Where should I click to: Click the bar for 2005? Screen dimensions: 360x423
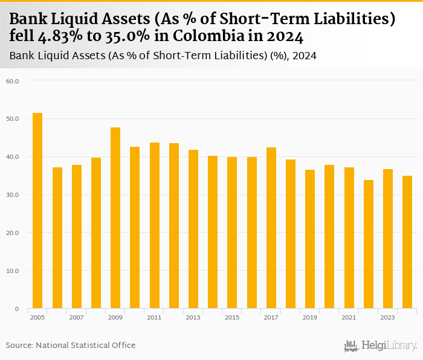click(x=37, y=211)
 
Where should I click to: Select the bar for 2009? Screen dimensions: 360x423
click(x=115, y=218)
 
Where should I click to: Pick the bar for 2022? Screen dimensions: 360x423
click(x=368, y=244)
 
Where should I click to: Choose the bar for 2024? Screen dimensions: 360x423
click(x=407, y=242)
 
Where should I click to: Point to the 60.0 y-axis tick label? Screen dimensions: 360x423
click(x=13, y=81)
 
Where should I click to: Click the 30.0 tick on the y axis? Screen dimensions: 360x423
click(x=13, y=195)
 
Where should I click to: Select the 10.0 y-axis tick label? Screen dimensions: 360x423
click(x=13, y=271)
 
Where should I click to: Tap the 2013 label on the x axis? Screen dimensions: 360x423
click(x=193, y=317)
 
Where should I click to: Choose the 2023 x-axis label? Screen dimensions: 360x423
click(x=387, y=317)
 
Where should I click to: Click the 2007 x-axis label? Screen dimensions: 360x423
click(x=77, y=317)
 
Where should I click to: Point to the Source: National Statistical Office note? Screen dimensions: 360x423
click(x=71, y=345)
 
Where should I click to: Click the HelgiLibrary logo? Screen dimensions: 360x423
click(x=381, y=346)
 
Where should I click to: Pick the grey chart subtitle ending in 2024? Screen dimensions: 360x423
click(x=163, y=56)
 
